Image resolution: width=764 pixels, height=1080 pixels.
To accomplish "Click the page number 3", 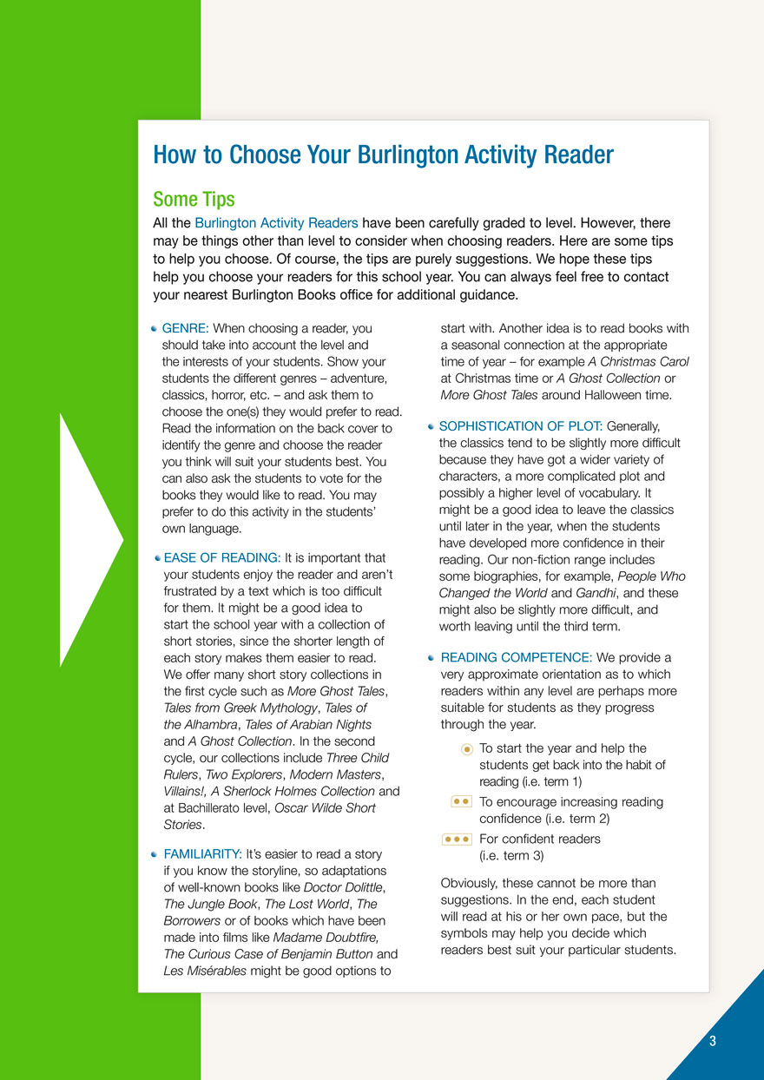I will [x=712, y=1042].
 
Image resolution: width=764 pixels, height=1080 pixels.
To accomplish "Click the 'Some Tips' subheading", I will [x=194, y=200].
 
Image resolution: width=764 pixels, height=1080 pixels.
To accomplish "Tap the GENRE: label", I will [x=185, y=329].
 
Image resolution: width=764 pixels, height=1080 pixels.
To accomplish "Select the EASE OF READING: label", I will [x=222, y=558].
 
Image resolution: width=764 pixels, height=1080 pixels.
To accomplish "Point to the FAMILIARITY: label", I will [x=202, y=854].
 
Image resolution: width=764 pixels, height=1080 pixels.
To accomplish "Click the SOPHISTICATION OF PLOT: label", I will [x=521, y=426].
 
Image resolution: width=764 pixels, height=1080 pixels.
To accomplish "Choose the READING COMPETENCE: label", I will [x=517, y=658].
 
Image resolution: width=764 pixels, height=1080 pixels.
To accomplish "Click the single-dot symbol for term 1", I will [x=466, y=748].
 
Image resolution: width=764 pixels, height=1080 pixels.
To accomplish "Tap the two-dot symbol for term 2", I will [x=462, y=802].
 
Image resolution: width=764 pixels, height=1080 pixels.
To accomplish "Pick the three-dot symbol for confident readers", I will [x=457, y=839].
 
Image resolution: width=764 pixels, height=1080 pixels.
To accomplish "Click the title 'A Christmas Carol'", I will [x=638, y=362].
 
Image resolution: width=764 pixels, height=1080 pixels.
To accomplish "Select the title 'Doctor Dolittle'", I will [x=343, y=887].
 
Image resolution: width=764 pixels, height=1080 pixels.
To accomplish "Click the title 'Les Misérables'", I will [x=205, y=971].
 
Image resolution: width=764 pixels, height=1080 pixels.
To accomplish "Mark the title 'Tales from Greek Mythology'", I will [x=240, y=708].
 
